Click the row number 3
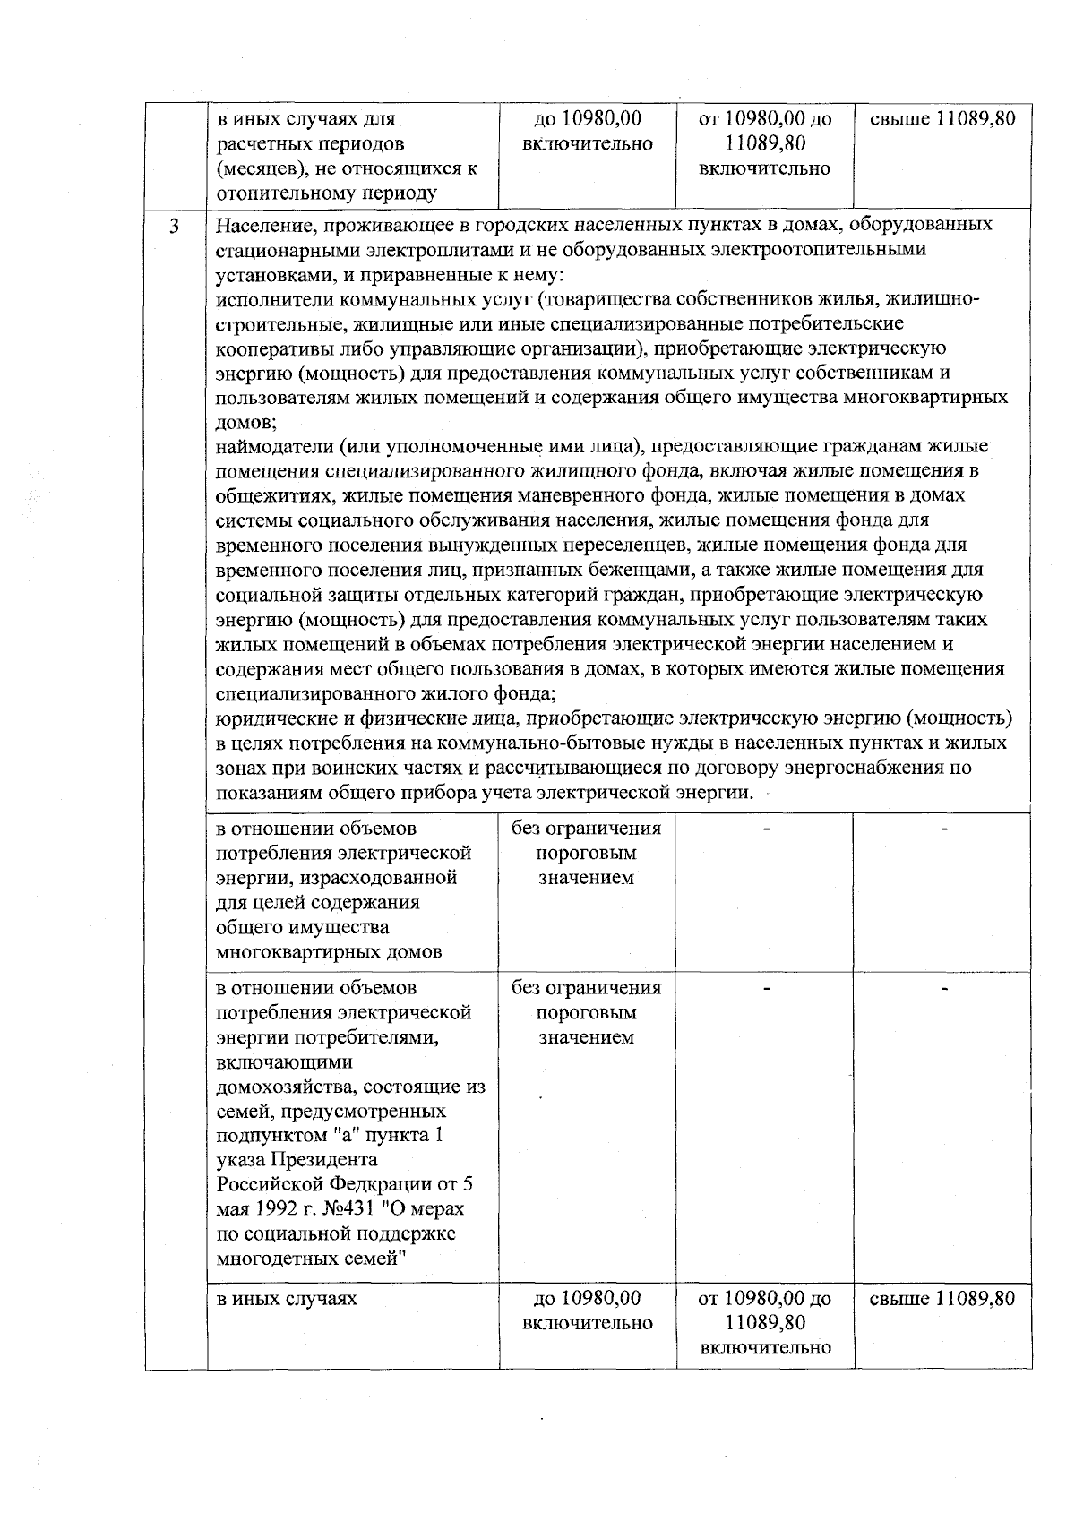[175, 227]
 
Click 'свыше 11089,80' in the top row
[942, 119]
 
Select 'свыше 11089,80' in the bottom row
[942, 1299]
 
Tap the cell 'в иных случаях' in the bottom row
[287, 1299]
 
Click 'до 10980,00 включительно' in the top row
[587, 131]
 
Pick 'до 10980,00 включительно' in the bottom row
[587, 1310]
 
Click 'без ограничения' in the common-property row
[586, 829]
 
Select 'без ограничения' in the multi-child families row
[586, 988]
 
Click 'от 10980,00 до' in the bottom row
[764, 1299]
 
